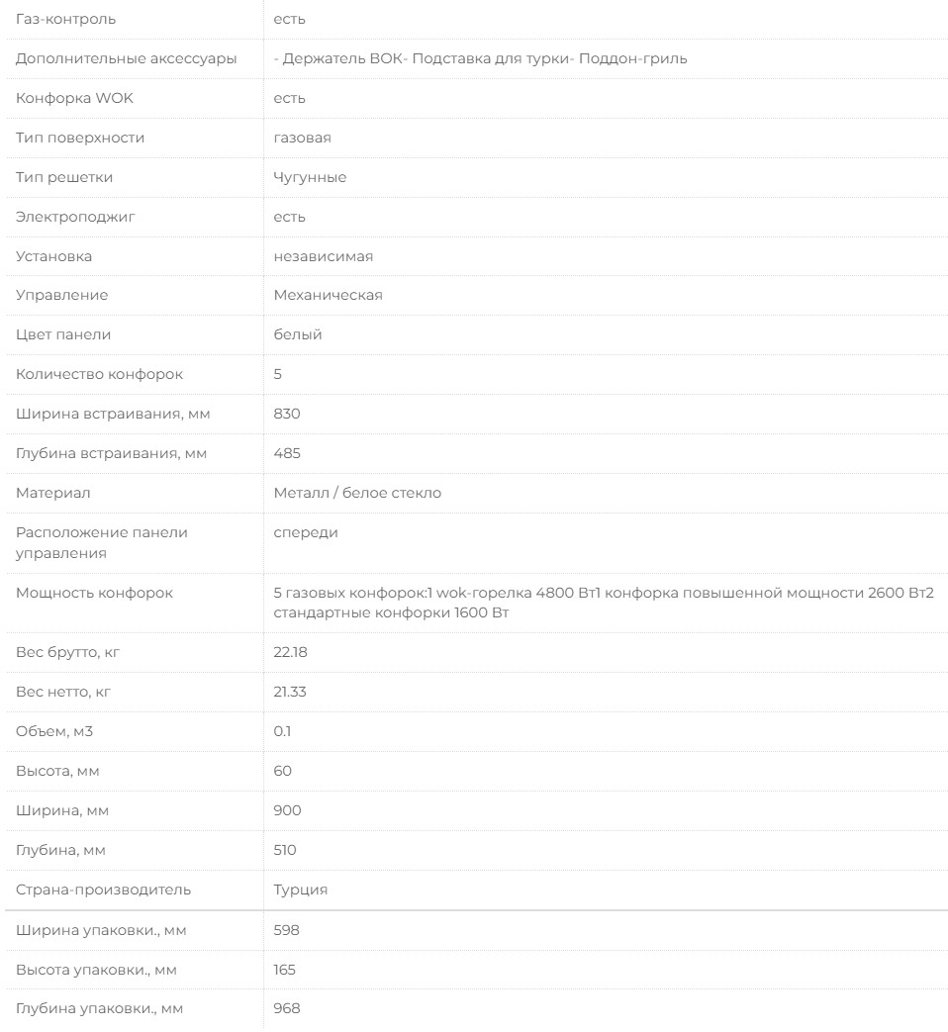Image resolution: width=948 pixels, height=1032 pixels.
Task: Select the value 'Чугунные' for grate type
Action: [x=310, y=177]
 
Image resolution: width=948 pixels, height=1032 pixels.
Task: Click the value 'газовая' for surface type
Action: [x=302, y=138]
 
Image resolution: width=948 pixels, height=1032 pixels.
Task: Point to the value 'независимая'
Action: [x=323, y=256]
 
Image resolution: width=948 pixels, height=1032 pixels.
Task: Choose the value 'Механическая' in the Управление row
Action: [x=328, y=296]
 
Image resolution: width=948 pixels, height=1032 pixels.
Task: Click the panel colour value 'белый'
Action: [x=298, y=335]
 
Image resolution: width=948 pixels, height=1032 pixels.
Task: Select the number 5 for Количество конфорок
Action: [x=278, y=375]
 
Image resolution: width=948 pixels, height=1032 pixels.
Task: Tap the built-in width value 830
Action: [x=287, y=415]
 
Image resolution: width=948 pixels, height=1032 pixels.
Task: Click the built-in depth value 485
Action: [x=287, y=454]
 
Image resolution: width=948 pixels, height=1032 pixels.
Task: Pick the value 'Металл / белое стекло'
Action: [x=357, y=494]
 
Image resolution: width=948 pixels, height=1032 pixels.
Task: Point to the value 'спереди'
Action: [x=306, y=533]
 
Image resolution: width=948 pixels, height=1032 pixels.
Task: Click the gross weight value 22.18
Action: [x=290, y=652]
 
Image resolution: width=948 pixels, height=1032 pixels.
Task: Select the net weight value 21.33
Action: [x=290, y=692]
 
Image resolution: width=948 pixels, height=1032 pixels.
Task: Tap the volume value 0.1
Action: [x=282, y=731]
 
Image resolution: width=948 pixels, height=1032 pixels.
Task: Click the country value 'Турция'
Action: [x=301, y=890]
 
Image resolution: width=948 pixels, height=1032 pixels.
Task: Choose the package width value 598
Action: [x=286, y=930]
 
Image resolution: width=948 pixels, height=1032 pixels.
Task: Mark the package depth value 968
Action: [x=286, y=1009]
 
